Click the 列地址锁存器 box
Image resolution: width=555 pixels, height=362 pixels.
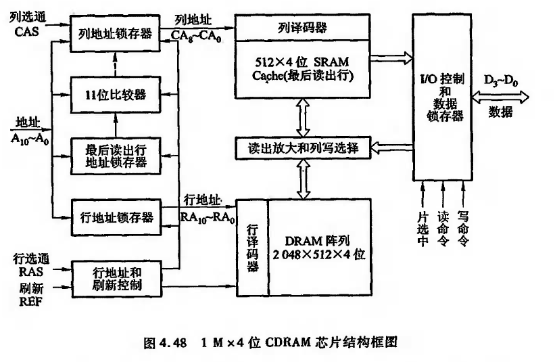click(x=114, y=33)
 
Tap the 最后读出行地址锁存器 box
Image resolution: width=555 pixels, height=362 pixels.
click(x=114, y=156)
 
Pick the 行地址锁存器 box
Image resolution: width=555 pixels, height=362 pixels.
click(x=114, y=217)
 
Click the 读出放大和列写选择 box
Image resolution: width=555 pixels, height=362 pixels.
click(x=302, y=146)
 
